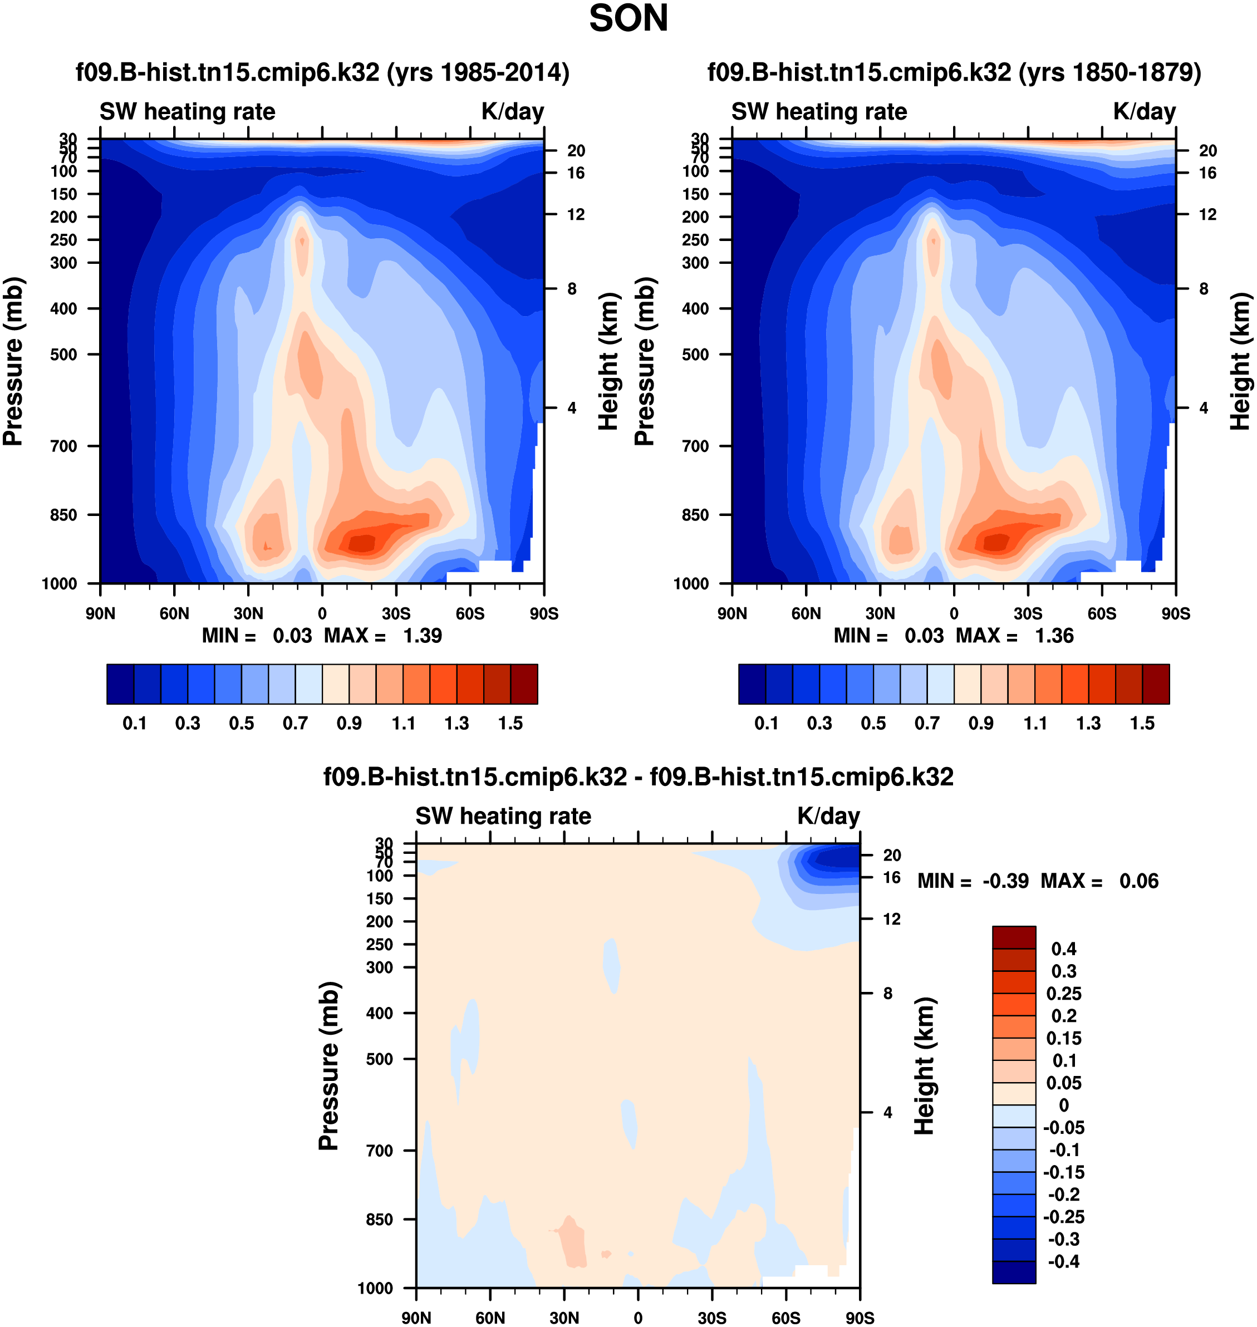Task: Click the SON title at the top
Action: pyautogui.click(x=628, y=19)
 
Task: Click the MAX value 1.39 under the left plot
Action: pyautogui.click(x=422, y=636)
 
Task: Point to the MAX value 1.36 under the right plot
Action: pyautogui.click(x=1054, y=636)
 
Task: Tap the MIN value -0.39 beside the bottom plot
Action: pyautogui.click(x=1005, y=881)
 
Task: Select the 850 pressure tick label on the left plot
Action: pyautogui.click(x=63, y=515)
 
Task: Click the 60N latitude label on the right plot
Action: pyautogui.click(x=806, y=613)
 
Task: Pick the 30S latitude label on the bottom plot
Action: pyautogui.click(x=711, y=1318)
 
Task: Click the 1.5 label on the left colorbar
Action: pyautogui.click(x=510, y=724)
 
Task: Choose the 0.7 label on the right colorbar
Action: pyautogui.click(x=927, y=724)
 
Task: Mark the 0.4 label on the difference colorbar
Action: pyautogui.click(x=1063, y=948)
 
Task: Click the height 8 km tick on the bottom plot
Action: pyautogui.click(x=887, y=994)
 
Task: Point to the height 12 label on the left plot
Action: pyautogui.click(x=576, y=214)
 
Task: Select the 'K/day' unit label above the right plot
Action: pyautogui.click(x=1145, y=112)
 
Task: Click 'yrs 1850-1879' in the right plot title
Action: pyautogui.click(x=1109, y=72)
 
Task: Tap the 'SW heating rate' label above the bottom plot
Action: pyautogui.click(x=503, y=817)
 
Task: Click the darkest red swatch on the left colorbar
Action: pyautogui.click(x=524, y=684)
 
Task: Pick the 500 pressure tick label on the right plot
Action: pyautogui.click(x=695, y=355)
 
